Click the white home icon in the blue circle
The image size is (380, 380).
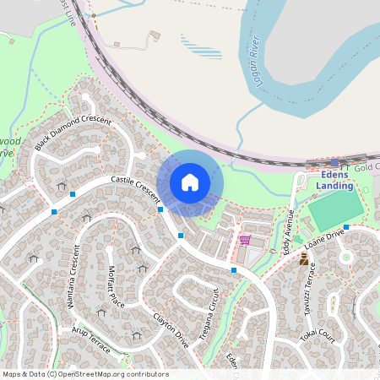pos(190,182)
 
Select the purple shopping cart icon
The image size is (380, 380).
pos(245,241)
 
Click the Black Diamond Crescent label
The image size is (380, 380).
pos(73,133)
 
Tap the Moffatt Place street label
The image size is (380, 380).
pos(116,285)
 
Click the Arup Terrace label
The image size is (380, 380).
pos(90,335)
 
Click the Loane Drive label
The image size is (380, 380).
pos(326,237)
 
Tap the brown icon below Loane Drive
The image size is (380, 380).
pos(303,260)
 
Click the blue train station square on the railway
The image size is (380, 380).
pos(334,161)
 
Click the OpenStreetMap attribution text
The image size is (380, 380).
pos(84,373)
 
